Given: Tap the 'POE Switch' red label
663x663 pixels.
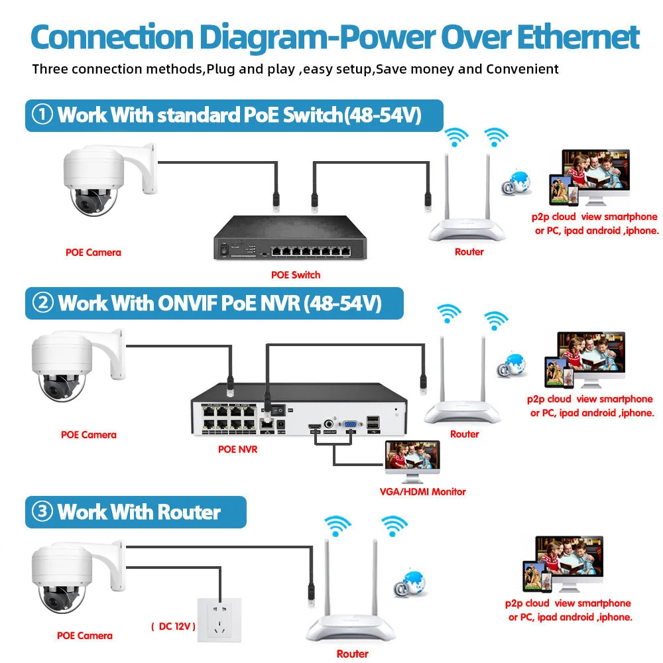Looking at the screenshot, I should point(296,274).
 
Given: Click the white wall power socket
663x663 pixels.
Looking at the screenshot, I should point(219,619).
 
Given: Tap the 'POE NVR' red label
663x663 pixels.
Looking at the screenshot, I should point(237,450).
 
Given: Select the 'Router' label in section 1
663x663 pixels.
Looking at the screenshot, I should point(469,252).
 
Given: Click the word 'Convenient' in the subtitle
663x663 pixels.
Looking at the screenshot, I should point(523,69).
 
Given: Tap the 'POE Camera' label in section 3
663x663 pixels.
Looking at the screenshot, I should point(84,636).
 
